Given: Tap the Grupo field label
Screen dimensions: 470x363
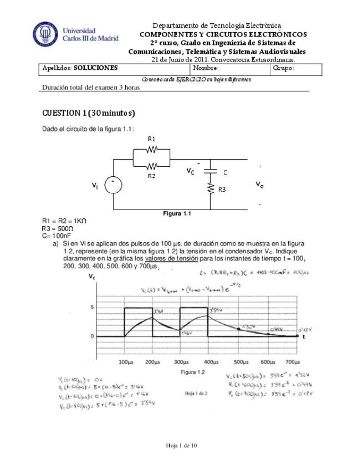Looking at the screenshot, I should [x=283, y=68].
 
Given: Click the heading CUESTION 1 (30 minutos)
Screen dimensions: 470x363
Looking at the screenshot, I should [x=89, y=113].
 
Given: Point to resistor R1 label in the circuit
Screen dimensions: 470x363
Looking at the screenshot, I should [x=151, y=139].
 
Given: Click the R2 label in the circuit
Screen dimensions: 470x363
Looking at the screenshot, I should [x=151, y=175].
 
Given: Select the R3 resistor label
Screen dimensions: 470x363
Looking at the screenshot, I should [x=222, y=190].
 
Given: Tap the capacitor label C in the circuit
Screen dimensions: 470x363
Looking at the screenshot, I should [x=226, y=172].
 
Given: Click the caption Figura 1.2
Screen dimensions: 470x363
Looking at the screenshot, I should [x=193, y=372].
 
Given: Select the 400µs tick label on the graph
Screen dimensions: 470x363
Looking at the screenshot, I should [x=210, y=361].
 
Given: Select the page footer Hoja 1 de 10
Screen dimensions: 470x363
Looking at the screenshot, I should [x=181, y=446].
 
